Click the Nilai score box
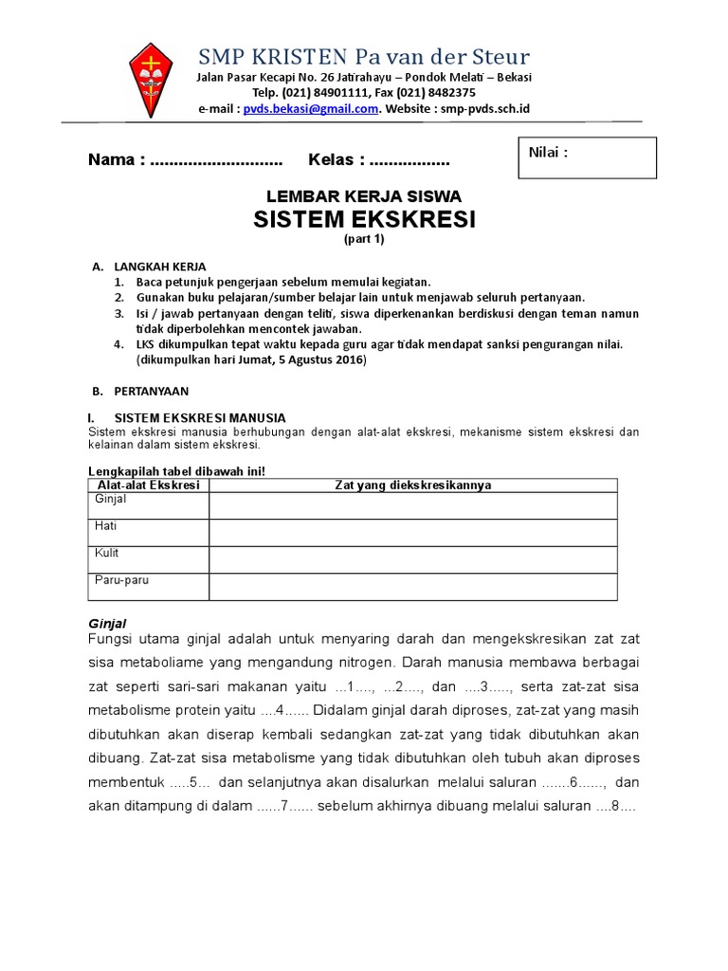click(587, 157)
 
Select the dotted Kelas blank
click(409, 158)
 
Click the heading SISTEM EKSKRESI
click(364, 220)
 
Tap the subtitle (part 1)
click(364, 240)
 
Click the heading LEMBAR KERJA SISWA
click(364, 196)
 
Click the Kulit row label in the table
click(106, 552)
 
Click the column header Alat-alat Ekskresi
click(149, 485)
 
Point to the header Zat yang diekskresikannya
click(413, 485)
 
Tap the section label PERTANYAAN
click(152, 390)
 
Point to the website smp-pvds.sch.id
click(484, 109)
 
